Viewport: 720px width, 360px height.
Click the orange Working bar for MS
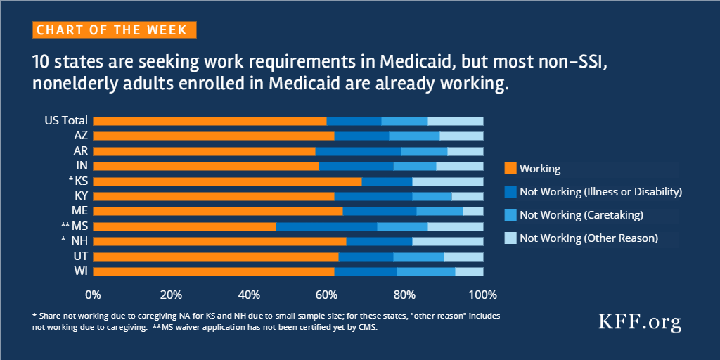click(x=184, y=226)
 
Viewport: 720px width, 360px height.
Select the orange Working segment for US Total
click(x=210, y=121)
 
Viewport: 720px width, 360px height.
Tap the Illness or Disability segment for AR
click(x=358, y=151)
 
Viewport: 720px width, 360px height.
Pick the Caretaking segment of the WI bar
click(x=425, y=271)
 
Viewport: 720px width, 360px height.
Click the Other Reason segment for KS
click(x=447, y=181)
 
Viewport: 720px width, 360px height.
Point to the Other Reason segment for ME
click(x=472, y=211)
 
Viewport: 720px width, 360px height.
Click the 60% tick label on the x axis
click(x=327, y=293)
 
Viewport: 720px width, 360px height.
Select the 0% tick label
click(x=93, y=293)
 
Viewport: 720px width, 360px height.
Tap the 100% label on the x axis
click(x=482, y=293)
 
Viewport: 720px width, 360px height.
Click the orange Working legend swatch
click(x=510, y=169)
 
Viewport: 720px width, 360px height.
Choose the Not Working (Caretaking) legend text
click(x=581, y=214)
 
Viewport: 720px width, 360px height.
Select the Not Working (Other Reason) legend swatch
click(x=510, y=238)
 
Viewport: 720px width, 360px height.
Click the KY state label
click(x=81, y=196)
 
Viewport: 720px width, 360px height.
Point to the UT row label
click(x=81, y=256)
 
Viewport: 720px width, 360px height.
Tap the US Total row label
click(x=66, y=121)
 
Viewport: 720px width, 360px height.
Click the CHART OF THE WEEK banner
click(x=114, y=30)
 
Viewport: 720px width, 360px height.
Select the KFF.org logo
click(x=639, y=323)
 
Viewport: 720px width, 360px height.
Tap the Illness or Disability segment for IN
click(x=356, y=166)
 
